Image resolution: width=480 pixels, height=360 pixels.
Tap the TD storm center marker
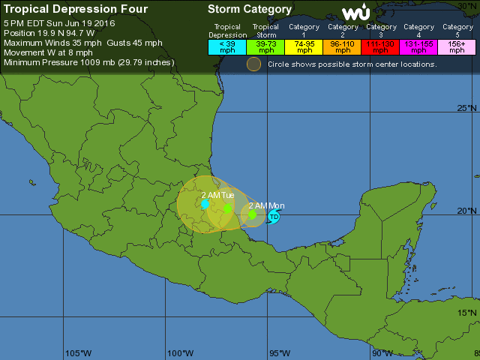(x=274, y=217)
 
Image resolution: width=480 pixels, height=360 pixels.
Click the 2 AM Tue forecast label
(x=217, y=195)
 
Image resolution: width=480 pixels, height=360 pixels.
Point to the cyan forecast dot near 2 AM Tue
(x=205, y=203)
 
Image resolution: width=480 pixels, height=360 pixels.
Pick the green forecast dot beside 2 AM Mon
(x=253, y=214)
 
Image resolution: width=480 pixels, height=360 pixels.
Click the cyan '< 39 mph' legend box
(x=227, y=46)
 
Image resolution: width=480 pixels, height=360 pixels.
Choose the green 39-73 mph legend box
(x=265, y=46)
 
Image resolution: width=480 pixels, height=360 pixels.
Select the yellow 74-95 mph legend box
(x=304, y=46)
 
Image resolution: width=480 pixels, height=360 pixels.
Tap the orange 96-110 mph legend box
(x=342, y=46)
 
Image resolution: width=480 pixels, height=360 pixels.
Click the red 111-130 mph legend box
(x=380, y=46)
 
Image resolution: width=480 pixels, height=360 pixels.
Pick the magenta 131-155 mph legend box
(x=418, y=46)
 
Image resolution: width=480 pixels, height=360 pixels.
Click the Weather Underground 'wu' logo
(x=355, y=13)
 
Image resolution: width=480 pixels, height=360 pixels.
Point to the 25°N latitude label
(x=468, y=109)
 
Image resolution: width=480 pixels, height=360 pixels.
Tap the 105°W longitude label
(x=78, y=353)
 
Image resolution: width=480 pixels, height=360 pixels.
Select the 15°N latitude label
(x=468, y=313)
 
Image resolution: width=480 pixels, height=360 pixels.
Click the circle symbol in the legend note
(x=254, y=64)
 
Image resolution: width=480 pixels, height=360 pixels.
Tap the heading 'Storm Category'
(x=250, y=10)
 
